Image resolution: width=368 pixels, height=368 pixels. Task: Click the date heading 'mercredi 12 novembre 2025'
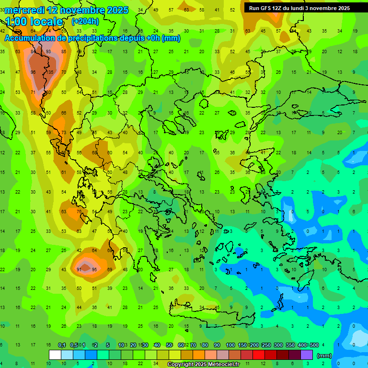67,10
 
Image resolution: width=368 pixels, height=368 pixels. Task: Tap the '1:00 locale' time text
34,22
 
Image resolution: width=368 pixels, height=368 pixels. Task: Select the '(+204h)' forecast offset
85,21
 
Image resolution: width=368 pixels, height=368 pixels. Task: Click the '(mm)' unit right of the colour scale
324,356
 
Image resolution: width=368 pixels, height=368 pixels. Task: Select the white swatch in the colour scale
55,355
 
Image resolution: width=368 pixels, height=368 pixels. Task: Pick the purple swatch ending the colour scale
307,355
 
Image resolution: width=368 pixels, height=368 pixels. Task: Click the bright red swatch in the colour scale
259,355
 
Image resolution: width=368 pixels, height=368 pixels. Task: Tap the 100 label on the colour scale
230,345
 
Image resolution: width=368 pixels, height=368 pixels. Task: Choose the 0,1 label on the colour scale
62,345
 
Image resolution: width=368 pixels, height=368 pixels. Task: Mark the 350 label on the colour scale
290,345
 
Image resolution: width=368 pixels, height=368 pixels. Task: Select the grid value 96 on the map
33,72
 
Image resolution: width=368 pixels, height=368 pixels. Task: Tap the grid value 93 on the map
48,52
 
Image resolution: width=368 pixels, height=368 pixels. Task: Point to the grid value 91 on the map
79,270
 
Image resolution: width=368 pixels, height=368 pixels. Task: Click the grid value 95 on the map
94,270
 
